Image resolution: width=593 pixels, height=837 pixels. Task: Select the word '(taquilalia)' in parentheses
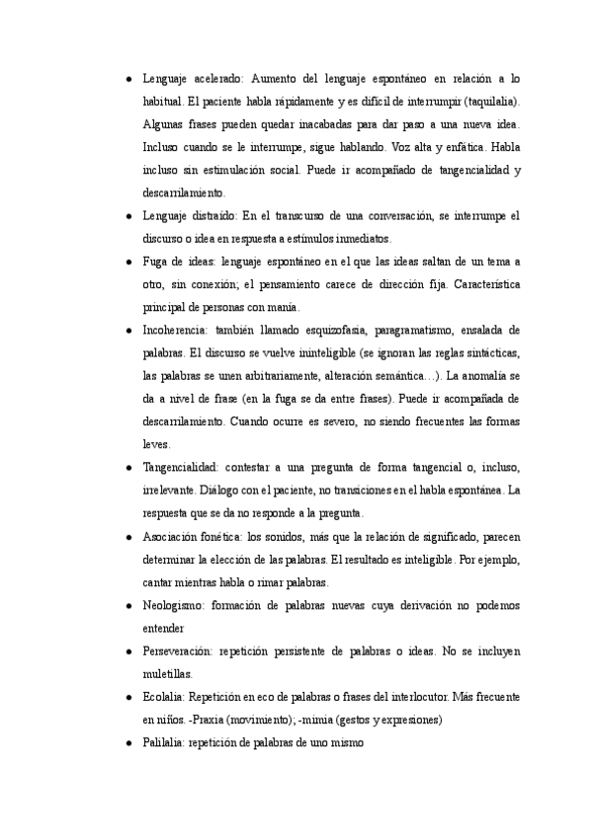491,102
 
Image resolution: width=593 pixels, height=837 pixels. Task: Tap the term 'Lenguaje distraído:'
190,215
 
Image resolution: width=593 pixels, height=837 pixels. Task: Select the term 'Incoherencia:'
179,330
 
